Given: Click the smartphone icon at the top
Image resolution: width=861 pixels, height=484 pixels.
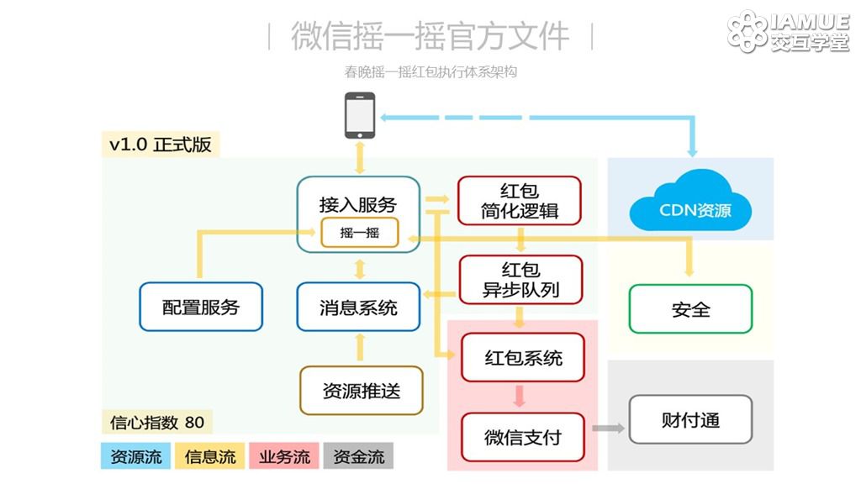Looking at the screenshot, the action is pyautogui.click(x=360, y=115).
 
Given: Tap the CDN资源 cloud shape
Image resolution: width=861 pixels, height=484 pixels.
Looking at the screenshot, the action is pyautogui.click(x=690, y=204).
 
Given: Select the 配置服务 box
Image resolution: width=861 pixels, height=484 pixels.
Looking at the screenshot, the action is pyautogui.click(x=201, y=307).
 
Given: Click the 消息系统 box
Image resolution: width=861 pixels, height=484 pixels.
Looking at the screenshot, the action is pyautogui.click(x=358, y=307).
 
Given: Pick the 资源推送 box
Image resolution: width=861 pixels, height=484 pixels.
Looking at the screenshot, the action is pyautogui.click(x=362, y=390).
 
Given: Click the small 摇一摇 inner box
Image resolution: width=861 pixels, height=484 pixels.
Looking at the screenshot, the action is pyautogui.click(x=360, y=232).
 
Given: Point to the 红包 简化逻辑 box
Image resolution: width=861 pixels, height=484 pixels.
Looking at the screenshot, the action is pyautogui.click(x=520, y=200).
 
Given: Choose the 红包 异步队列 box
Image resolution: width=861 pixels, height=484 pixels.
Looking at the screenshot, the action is pyautogui.click(x=520, y=279).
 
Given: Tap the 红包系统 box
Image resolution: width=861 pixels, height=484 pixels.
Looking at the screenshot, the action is pyautogui.click(x=523, y=357).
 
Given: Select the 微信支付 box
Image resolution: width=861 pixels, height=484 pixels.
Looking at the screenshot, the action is pyautogui.click(x=523, y=437).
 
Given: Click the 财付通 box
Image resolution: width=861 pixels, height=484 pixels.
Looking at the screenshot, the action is pyautogui.click(x=690, y=419).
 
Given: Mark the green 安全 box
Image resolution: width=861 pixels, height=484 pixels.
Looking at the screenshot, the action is pyautogui.click(x=690, y=309).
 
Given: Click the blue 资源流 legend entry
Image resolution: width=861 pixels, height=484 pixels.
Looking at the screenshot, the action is pyautogui.click(x=135, y=456).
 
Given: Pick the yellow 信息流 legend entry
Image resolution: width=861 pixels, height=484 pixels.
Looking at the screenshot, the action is pyautogui.click(x=209, y=456).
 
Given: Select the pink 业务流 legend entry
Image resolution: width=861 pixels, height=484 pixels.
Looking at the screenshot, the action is pyautogui.click(x=284, y=456).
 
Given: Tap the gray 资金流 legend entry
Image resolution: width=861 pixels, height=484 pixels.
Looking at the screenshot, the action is pyautogui.click(x=358, y=456).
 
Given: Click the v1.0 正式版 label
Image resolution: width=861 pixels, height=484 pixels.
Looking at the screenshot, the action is pyautogui.click(x=161, y=145).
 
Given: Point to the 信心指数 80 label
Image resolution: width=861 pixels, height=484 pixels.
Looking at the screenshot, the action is pyautogui.click(x=157, y=422).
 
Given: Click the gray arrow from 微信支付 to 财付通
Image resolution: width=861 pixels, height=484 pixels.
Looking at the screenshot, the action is pyautogui.click(x=609, y=428).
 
